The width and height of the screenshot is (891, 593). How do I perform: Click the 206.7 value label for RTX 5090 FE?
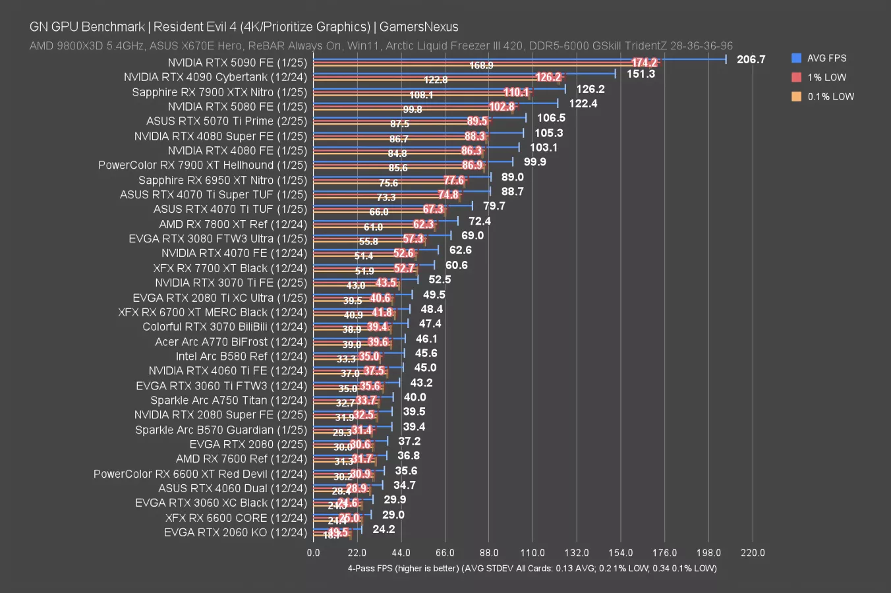[x=751, y=59]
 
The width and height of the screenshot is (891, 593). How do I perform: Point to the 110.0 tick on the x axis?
[x=532, y=553]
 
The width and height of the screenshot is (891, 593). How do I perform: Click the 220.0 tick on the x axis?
[x=753, y=553]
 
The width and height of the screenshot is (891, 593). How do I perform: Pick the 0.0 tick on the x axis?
[x=313, y=553]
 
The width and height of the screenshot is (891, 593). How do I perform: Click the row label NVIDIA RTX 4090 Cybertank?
[x=216, y=77]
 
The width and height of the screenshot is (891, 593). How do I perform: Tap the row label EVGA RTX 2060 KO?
[x=235, y=532]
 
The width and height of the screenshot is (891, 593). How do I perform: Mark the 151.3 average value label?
[x=641, y=74]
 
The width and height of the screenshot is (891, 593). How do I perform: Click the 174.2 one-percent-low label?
[x=644, y=63]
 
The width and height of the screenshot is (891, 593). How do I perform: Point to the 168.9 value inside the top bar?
[x=481, y=66]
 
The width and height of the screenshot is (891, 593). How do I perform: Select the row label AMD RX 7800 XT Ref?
[x=233, y=224]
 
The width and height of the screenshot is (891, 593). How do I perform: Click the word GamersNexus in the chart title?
[x=418, y=27]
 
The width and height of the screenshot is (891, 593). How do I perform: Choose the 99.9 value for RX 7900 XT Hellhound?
[x=534, y=162]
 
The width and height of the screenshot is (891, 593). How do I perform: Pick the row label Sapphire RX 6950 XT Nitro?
[x=223, y=180]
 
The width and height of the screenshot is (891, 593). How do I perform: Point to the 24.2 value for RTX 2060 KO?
[x=384, y=529]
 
